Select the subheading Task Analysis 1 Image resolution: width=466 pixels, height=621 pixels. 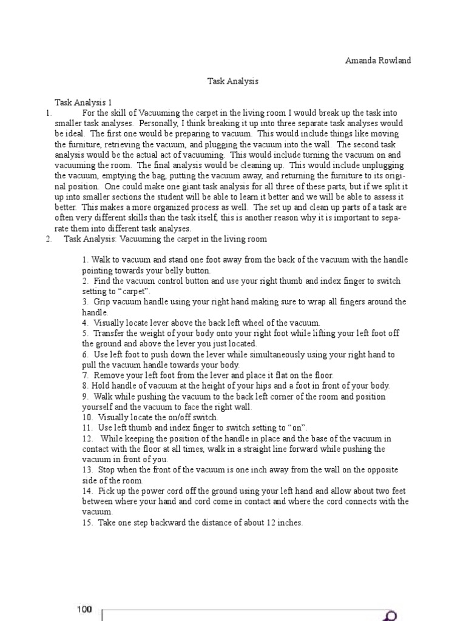(83, 103)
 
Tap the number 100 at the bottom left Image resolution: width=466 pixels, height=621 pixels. (84, 609)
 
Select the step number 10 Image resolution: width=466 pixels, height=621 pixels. (87, 417)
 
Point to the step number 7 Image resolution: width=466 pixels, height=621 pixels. (84, 375)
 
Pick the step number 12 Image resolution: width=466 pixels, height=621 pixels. (87, 438)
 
